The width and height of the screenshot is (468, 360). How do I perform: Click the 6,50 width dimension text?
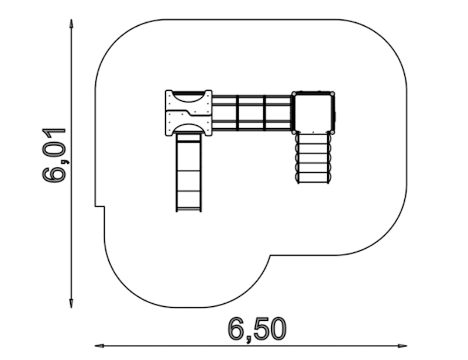click(x=257, y=330)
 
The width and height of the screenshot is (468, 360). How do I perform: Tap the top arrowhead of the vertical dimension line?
click(x=71, y=23)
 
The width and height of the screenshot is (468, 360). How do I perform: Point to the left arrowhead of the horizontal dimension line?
click(x=99, y=345)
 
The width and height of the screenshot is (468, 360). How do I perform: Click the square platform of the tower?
click(x=313, y=112)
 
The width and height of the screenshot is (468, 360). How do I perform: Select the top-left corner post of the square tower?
click(x=294, y=94)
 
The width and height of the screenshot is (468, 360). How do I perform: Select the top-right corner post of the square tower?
click(x=332, y=94)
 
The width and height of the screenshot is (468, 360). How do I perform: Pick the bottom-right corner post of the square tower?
click(x=332, y=132)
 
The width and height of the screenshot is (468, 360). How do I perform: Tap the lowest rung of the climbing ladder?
click(x=314, y=181)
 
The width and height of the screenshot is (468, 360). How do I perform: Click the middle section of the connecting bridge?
click(x=251, y=112)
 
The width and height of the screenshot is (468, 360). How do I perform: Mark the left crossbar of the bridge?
click(x=238, y=112)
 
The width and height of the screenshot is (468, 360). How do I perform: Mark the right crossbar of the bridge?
click(x=264, y=112)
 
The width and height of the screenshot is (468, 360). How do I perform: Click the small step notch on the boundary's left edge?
click(x=100, y=207)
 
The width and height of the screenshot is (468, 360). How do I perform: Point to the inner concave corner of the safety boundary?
click(x=270, y=256)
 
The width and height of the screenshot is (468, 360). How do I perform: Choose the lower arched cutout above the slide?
click(x=188, y=129)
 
